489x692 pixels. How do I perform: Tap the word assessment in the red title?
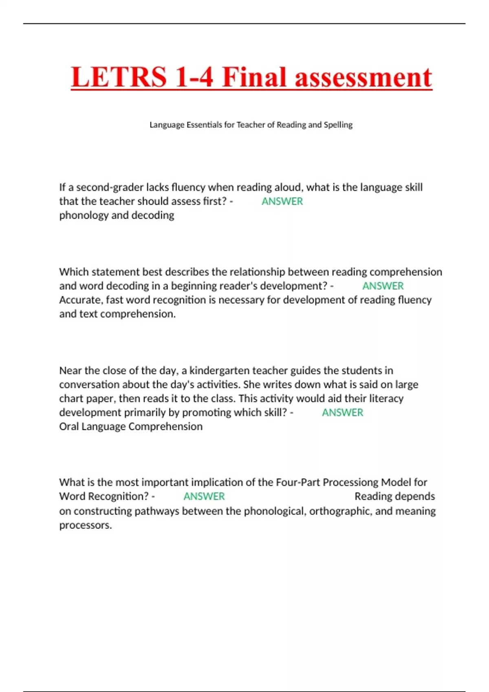[x=363, y=77]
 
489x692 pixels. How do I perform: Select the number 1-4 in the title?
[x=194, y=77]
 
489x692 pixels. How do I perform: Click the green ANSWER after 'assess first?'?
[x=282, y=201]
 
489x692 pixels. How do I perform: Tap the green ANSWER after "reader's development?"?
[x=383, y=286]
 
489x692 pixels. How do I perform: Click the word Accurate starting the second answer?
[x=81, y=300]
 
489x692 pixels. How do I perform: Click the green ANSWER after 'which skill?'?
[x=342, y=413]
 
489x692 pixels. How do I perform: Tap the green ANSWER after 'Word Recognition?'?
[x=204, y=497]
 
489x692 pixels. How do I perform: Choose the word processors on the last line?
[x=85, y=525]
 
